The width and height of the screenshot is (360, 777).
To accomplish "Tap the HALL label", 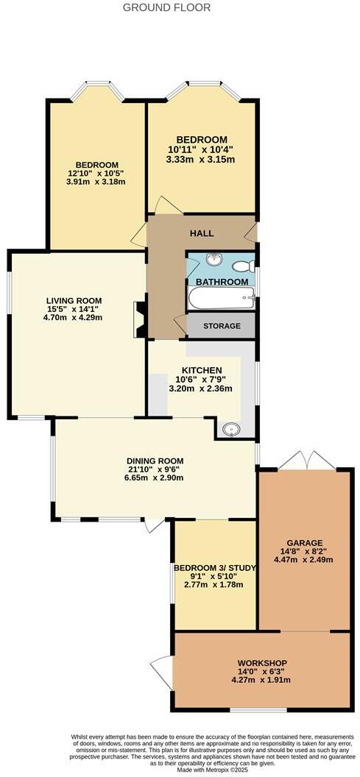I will point(202,233).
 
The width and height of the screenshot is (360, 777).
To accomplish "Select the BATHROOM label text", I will point(222,282).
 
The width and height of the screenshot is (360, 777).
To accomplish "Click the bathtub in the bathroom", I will point(222,298).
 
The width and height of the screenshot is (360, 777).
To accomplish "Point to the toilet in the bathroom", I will point(247,266).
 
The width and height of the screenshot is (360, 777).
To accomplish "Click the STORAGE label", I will point(222,325).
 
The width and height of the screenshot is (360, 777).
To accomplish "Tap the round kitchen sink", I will point(228,429).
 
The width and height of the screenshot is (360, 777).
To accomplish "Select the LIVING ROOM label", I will point(74,300).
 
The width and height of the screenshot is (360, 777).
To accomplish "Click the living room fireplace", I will point(138,319).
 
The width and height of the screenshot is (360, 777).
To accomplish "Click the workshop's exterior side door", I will point(155,669).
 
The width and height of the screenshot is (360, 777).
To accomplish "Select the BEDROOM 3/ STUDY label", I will point(208,567).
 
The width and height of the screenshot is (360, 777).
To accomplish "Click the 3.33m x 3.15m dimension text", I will point(201,159).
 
